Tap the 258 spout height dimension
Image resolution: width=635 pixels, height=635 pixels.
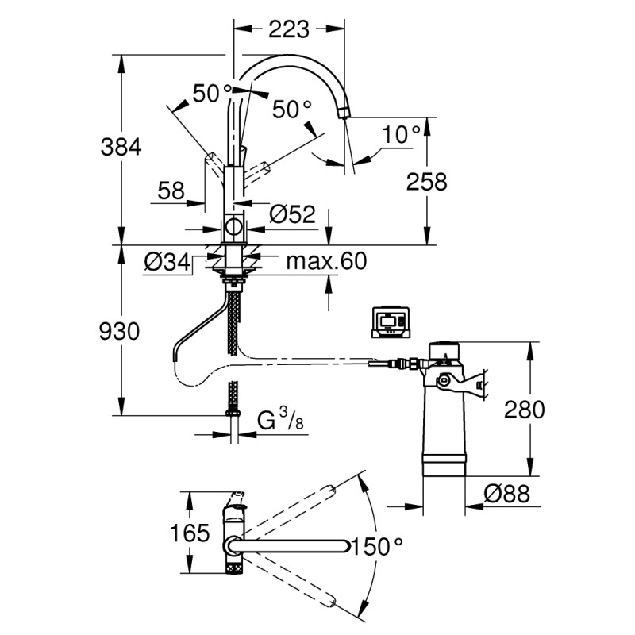[426, 181]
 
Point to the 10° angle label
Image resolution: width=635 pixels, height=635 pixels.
[401, 136]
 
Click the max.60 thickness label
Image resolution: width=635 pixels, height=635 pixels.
[327, 261]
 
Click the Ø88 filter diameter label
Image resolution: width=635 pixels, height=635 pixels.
[506, 495]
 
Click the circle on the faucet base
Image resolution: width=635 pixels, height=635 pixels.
[234, 229]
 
